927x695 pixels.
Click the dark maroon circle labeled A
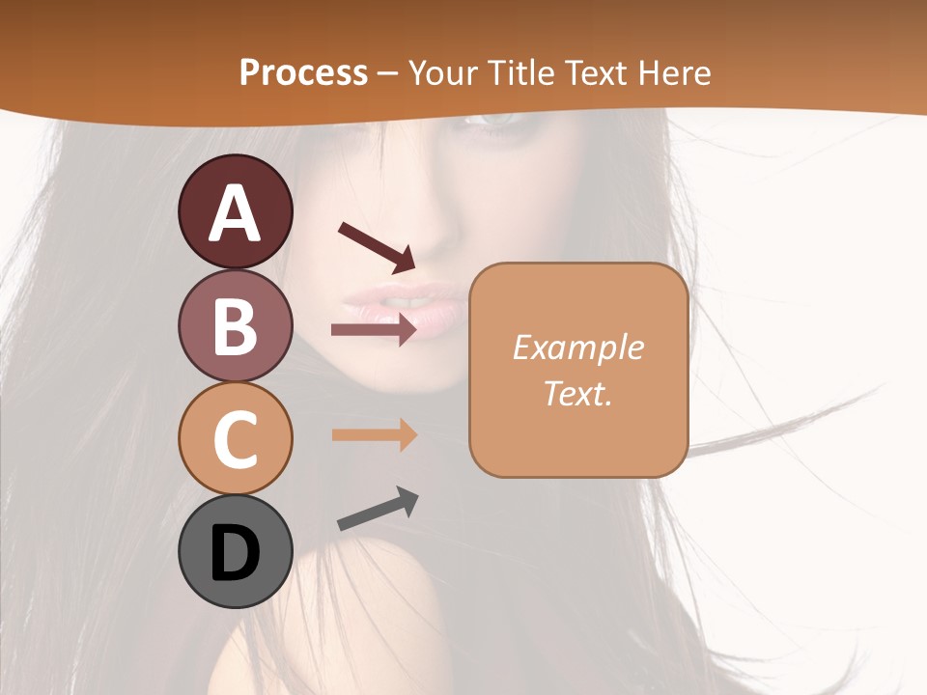click(x=236, y=211)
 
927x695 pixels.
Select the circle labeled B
click(x=236, y=325)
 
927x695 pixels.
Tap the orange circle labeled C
click(x=236, y=438)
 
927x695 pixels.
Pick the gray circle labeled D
click(x=236, y=551)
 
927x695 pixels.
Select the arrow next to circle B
click(x=374, y=330)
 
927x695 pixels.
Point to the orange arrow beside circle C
click(x=374, y=434)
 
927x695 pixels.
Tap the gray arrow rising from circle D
click(x=378, y=509)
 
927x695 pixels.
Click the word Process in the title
click(x=303, y=72)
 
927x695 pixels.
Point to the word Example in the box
click(x=577, y=347)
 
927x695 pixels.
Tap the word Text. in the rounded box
click(x=577, y=393)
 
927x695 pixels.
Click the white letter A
click(x=236, y=212)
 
